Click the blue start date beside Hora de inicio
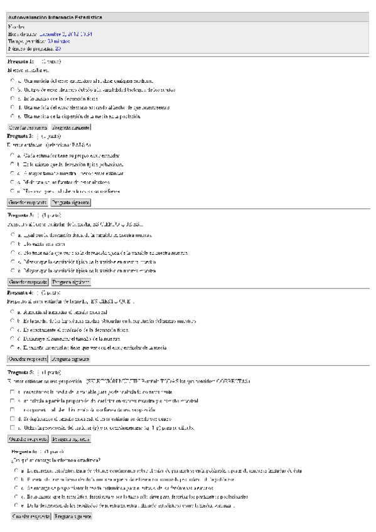pos(66,33)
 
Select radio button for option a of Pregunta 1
pos(13,81)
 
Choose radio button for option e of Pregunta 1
pos(13,116)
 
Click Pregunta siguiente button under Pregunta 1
pos(71,127)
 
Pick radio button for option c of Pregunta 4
pos(13,329)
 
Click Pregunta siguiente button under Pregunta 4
pos(71,359)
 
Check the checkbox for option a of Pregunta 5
pos(13,391)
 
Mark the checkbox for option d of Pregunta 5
pos(13,418)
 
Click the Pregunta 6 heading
pos(26,451)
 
